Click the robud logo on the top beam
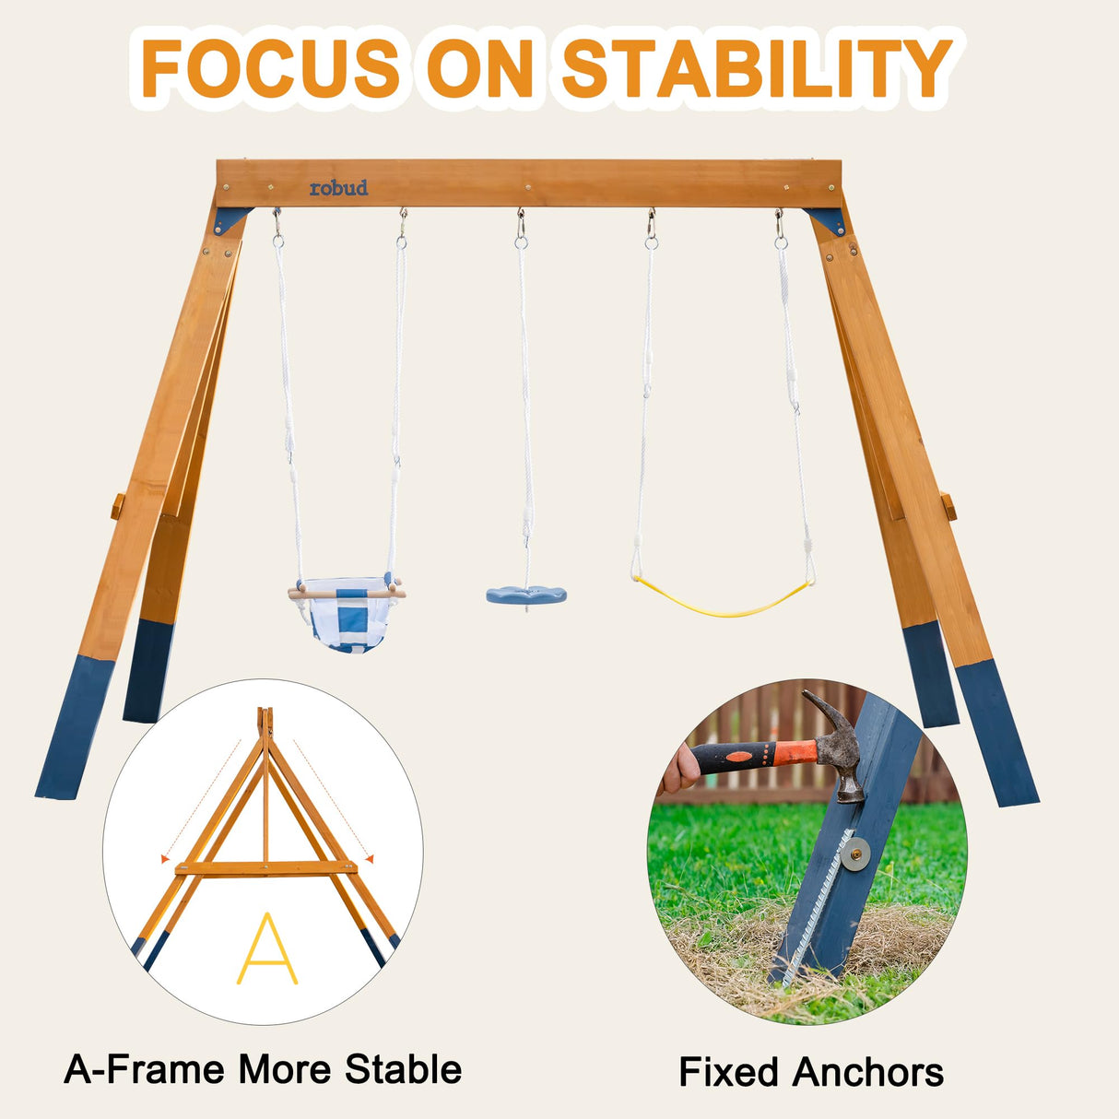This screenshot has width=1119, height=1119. [x=338, y=188]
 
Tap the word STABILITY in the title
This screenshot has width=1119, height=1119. [x=756, y=69]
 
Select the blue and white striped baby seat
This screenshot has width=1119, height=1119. [x=347, y=618]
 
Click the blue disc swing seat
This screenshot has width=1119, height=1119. [x=526, y=595]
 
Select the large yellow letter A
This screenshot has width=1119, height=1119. [x=267, y=949]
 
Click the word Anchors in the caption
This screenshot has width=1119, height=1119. [x=867, y=1073]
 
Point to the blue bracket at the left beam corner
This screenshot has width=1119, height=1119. [x=230, y=219]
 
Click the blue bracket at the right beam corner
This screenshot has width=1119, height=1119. [x=828, y=219]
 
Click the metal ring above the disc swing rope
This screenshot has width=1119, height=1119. [x=522, y=242]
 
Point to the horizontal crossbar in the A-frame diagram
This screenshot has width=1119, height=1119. [x=267, y=868]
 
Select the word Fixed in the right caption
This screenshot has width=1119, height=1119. [x=729, y=1073]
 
